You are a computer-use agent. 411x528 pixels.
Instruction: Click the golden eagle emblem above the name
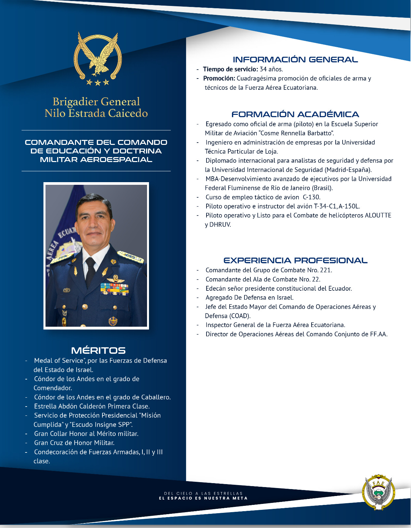pos(97,58)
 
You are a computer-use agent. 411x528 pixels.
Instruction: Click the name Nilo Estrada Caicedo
pos(96,113)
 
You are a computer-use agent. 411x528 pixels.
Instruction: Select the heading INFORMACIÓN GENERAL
pos(295,60)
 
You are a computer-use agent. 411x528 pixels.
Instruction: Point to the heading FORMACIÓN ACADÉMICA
pos(295,115)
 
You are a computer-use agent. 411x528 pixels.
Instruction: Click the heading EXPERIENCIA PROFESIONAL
pos(295,260)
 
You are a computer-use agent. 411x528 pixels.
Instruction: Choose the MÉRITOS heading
pos(98,350)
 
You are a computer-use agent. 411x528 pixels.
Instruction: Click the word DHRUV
pos(220,225)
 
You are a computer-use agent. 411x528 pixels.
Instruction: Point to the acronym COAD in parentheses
pos(240,316)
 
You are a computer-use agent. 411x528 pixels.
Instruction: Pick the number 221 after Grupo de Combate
pos(325,270)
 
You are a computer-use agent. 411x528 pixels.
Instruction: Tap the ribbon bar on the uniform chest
pos(115,289)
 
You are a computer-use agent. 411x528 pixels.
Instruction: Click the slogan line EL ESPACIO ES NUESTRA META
pos(203,498)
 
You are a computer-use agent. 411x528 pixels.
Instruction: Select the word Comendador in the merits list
pos(53,388)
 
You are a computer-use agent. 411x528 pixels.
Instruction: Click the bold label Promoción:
pos(219,79)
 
